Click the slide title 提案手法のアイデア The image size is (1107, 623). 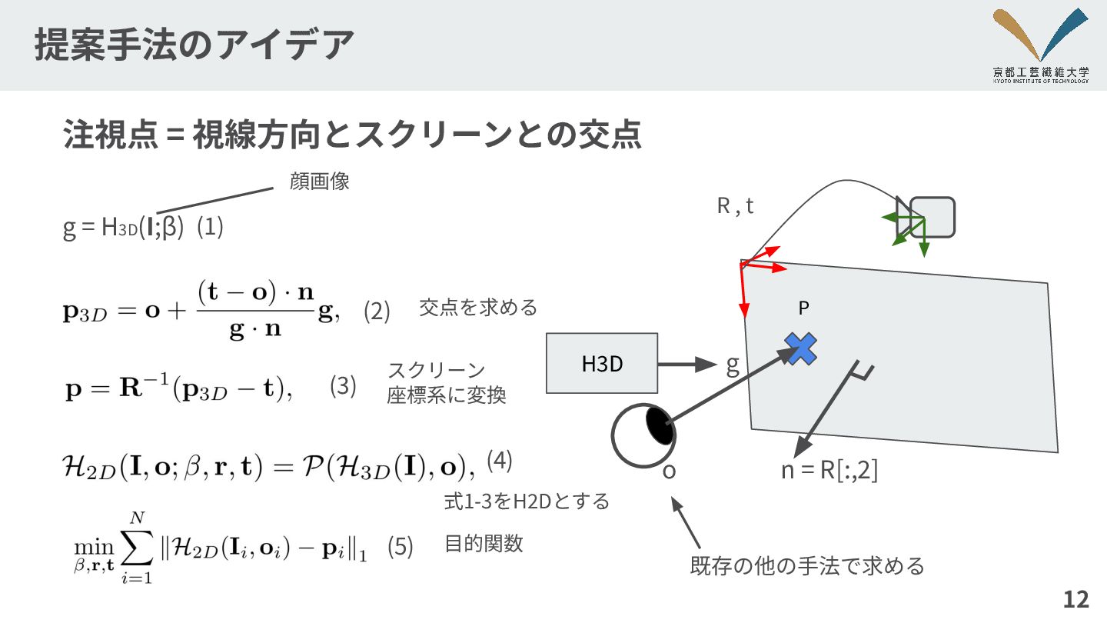click(x=194, y=44)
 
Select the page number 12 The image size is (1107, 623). click(x=1076, y=600)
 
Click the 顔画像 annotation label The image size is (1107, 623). click(x=320, y=182)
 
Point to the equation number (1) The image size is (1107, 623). click(x=210, y=228)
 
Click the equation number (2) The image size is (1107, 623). click(x=377, y=311)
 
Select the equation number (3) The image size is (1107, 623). click(x=343, y=386)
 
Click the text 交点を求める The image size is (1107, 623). click(x=477, y=308)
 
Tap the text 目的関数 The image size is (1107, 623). click(x=484, y=543)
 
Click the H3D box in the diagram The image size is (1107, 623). click(x=602, y=363)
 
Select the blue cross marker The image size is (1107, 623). click(x=800, y=348)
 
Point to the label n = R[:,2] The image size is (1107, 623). click(x=829, y=471)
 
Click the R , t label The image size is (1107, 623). click(x=735, y=206)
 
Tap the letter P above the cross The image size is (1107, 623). click(x=803, y=308)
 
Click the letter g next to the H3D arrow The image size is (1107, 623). click(x=733, y=365)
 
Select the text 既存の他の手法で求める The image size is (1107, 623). click(x=807, y=567)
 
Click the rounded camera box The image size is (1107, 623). click(x=932, y=217)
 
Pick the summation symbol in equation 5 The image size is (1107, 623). click(x=135, y=548)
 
